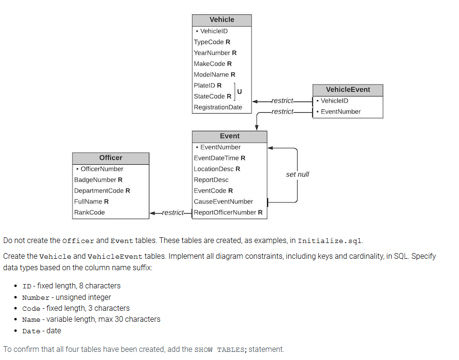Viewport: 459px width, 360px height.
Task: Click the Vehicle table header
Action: coord(222,20)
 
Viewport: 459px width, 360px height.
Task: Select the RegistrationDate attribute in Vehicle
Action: coord(218,107)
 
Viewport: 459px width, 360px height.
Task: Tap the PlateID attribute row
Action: coord(208,85)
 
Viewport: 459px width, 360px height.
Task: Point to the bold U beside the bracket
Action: coord(240,91)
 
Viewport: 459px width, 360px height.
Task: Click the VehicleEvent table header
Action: coord(348,90)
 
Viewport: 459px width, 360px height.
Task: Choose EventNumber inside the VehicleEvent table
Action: coord(341,112)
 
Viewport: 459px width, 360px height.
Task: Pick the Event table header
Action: coord(229,136)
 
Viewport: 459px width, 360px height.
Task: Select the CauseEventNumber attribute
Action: coord(223,201)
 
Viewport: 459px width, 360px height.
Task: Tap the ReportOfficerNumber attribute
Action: coord(228,212)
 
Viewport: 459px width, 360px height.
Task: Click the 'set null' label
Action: coord(297,175)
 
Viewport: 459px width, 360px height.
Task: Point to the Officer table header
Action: coord(111,158)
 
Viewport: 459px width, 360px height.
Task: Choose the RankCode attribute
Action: coord(90,212)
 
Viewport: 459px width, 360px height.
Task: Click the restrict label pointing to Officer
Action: coord(173,212)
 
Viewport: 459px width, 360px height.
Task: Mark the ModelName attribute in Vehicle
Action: coord(214,75)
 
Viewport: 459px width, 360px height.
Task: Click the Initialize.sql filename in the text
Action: coord(329,241)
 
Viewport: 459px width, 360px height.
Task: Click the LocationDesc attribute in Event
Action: coord(217,169)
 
